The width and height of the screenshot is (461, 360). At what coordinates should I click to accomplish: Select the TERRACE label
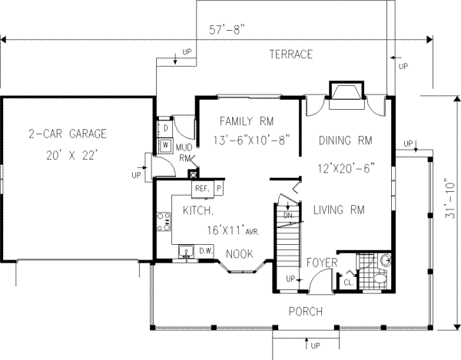(x=290, y=54)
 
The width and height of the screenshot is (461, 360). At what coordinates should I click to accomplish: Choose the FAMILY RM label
(x=246, y=121)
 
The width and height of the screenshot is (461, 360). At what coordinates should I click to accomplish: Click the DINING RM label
(x=344, y=140)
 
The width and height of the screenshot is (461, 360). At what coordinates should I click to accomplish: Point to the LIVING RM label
(x=339, y=209)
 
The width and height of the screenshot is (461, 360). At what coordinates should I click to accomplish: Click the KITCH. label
(x=197, y=209)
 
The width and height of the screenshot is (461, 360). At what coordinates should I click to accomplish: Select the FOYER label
(x=322, y=263)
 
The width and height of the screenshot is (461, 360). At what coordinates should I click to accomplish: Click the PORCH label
(x=304, y=311)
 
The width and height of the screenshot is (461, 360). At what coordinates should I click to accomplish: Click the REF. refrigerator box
(x=202, y=187)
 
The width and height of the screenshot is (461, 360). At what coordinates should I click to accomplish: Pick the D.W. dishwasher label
(x=205, y=250)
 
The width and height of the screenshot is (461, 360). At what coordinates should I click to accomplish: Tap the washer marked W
(x=165, y=144)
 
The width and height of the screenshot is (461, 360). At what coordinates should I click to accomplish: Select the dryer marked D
(x=165, y=127)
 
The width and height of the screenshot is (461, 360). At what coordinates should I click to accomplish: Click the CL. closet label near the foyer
(x=347, y=282)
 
